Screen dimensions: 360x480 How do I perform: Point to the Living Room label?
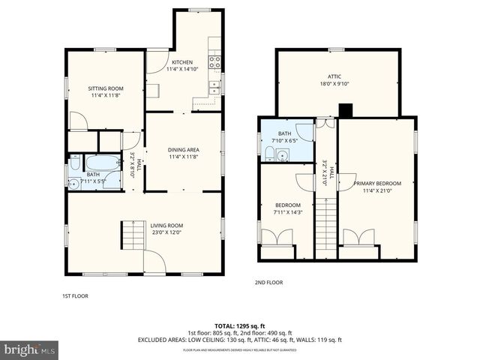(x=145, y=229)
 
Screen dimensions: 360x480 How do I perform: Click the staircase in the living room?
(x=133, y=235)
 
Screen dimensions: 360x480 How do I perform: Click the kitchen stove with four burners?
(x=214, y=62)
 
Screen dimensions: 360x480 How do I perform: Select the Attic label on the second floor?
(x=334, y=76)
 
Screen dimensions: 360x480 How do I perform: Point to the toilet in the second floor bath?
(x=269, y=154)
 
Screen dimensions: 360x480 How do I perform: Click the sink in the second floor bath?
(x=283, y=155)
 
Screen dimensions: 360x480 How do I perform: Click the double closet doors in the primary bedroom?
(x=358, y=238)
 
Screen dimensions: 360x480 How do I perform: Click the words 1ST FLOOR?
(x=75, y=296)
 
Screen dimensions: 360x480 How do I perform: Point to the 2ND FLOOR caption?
(x=268, y=283)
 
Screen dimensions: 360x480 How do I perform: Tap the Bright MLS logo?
(x=30, y=349)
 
